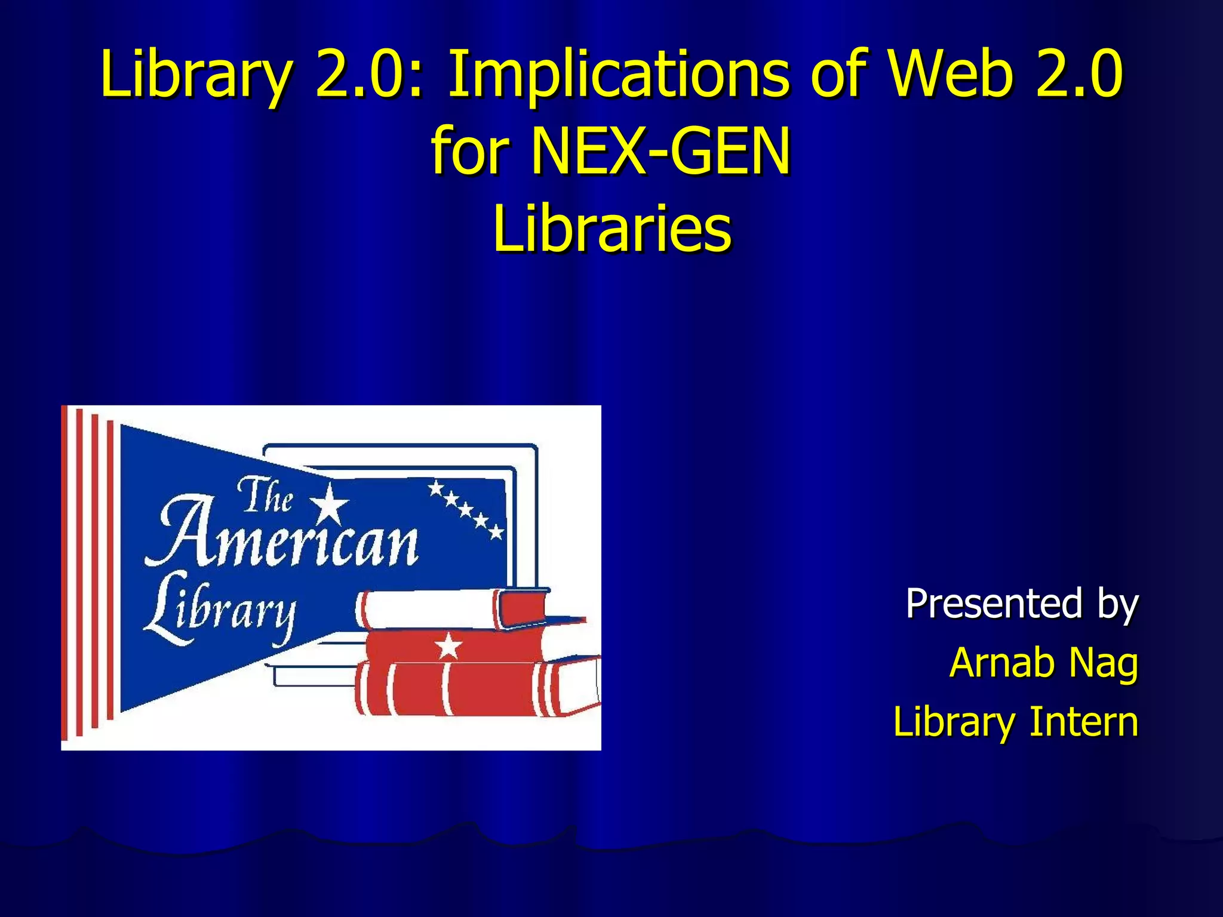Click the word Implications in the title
(x=619, y=76)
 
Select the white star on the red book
(x=448, y=645)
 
